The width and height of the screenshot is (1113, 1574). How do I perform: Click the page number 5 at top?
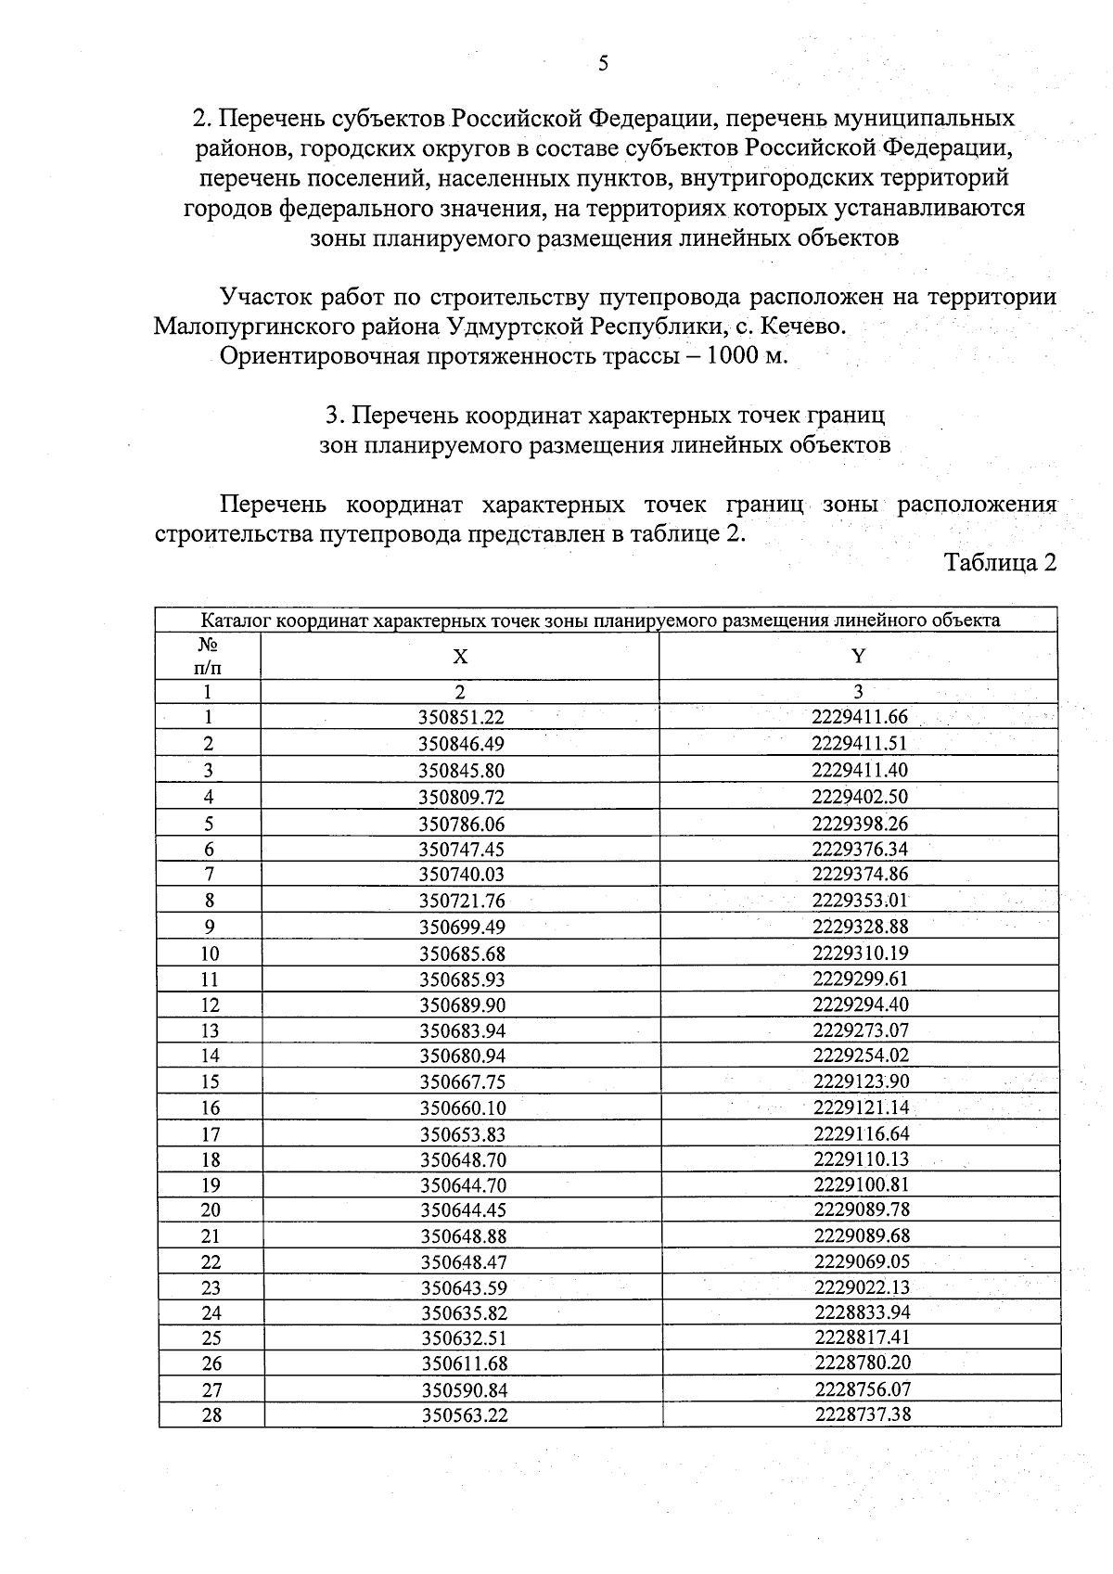pos(604,63)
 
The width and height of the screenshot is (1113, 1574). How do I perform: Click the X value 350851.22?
pos(461,717)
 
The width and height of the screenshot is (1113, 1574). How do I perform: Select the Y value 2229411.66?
pos(860,716)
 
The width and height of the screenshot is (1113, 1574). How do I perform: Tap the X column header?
pos(460,657)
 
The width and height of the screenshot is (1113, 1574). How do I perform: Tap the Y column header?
pos(859,656)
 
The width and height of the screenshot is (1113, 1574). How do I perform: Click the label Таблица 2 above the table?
pos(1000,563)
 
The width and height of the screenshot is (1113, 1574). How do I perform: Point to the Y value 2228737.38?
pos(863,1414)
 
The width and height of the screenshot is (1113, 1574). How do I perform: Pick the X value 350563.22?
pos(465,1415)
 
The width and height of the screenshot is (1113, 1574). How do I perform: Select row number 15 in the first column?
pos(210,1081)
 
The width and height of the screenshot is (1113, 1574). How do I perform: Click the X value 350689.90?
pos(463,1005)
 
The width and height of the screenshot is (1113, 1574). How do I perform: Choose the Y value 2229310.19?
pos(861,953)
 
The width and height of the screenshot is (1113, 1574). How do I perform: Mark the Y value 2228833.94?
pos(863,1312)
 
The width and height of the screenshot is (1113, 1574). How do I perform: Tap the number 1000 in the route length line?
pos(733,356)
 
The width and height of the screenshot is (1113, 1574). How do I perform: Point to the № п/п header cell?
pos(209,655)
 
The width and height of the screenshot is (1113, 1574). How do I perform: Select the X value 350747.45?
pos(462,850)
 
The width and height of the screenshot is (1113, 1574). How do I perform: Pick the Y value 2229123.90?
pos(862,1081)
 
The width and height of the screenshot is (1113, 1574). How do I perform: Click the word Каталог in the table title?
pos(237,621)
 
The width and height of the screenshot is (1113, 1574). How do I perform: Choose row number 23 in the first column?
pos(211,1287)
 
